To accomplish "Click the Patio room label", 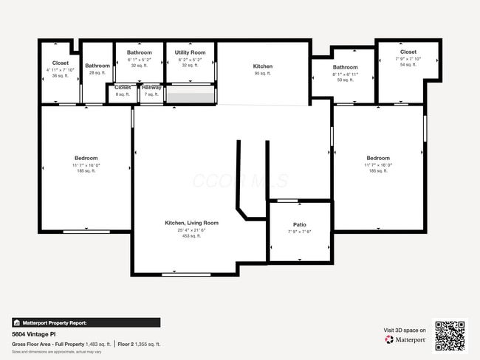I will click(x=300, y=225).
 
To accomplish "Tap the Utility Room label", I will click(x=190, y=53).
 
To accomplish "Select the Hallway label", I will click(x=151, y=87).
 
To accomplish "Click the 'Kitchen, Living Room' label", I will click(x=191, y=223).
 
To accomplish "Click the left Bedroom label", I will click(x=86, y=158).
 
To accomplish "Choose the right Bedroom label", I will click(x=378, y=158).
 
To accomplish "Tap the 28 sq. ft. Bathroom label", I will click(x=97, y=66).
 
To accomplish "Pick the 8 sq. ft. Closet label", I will click(x=123, y=87).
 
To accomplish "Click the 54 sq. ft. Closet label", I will click(x=408, y=52).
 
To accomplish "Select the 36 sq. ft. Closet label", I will click(x=61, y=63).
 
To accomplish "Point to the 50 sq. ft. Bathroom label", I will click(x=345, y=68).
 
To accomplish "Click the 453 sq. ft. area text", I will click(x=191, y=236).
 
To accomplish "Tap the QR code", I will click(x=450, y=335).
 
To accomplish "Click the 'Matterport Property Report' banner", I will click(x=86, y=322).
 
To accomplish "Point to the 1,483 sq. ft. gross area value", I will click(x=98, y=344).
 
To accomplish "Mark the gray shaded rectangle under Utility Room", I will click(x=190, y=95).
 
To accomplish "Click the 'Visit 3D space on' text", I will click(x=405, y=330).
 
